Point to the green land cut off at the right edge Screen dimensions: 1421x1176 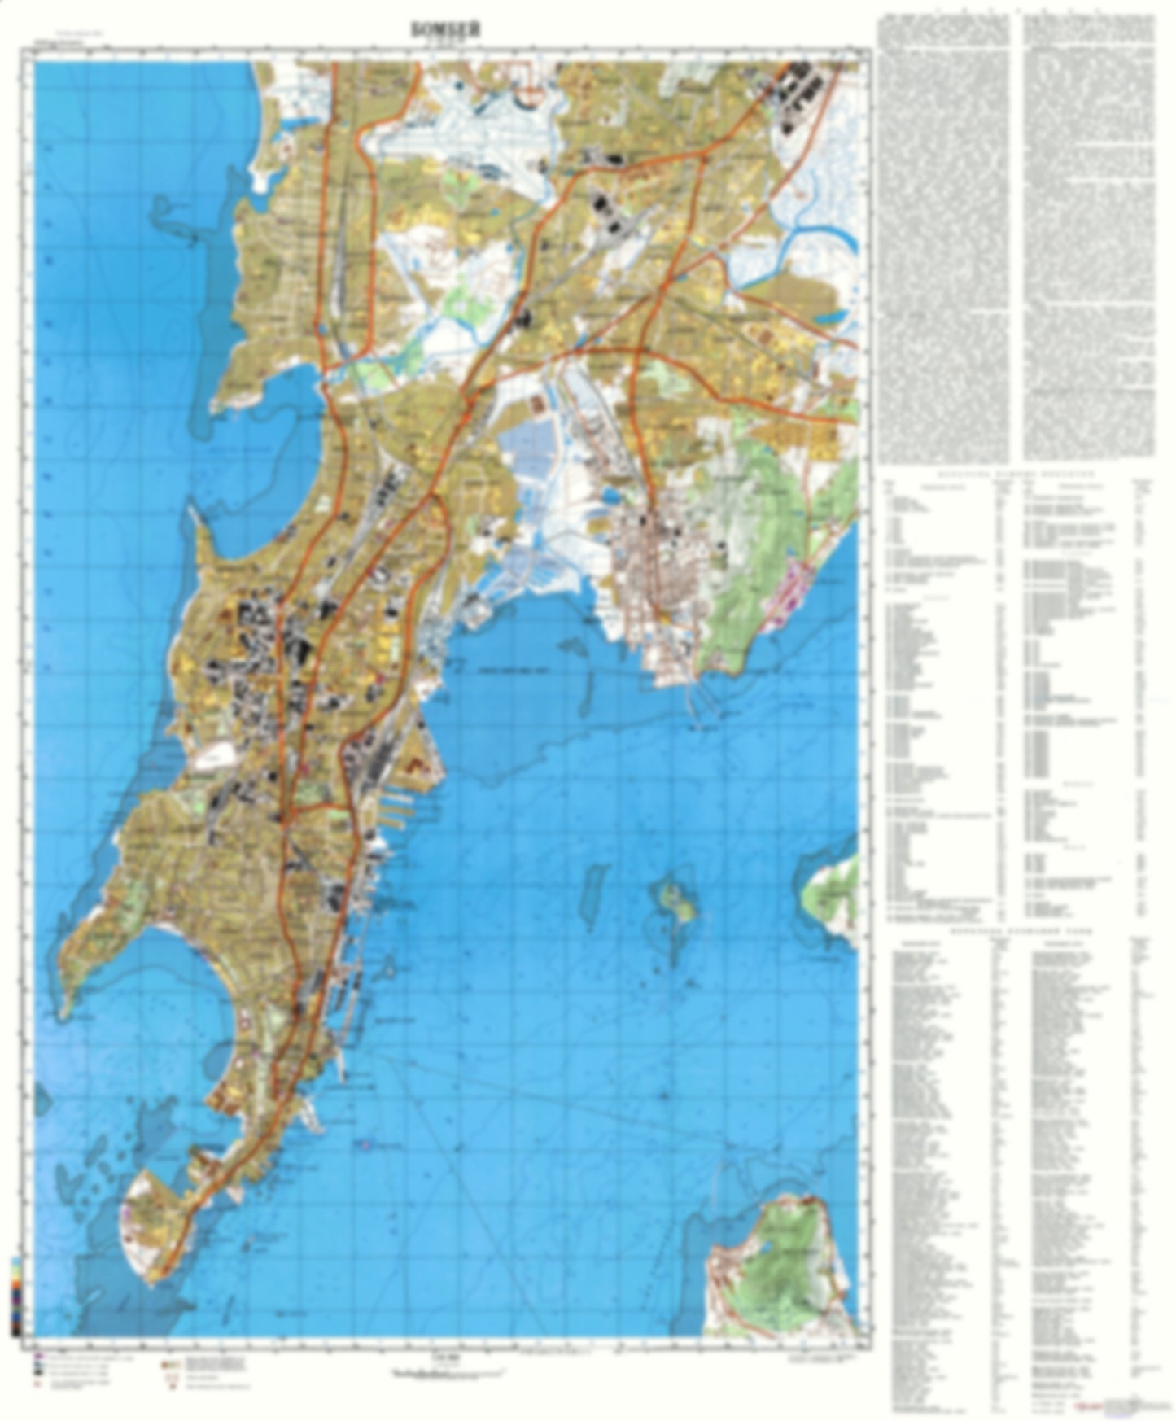point(834,895)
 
